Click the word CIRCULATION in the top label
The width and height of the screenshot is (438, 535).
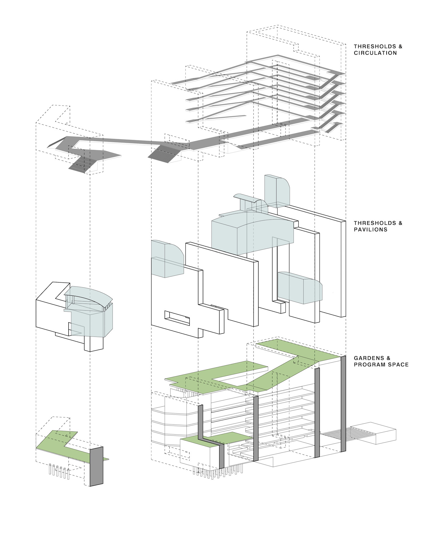click(x=375, y=53)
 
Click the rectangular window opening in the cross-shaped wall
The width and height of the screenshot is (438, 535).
click(x=177, y=318)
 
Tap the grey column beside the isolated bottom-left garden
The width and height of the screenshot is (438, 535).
click(x=96, y=466)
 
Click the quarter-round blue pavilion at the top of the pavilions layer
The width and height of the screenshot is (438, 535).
click(x=277, y=191)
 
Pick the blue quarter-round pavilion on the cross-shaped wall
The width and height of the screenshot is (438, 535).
click(x=167, y=259)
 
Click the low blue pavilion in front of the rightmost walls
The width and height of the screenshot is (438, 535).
click(x=300, y=287)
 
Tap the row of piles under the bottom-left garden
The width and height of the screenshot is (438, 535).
click(x=59, y=471)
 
